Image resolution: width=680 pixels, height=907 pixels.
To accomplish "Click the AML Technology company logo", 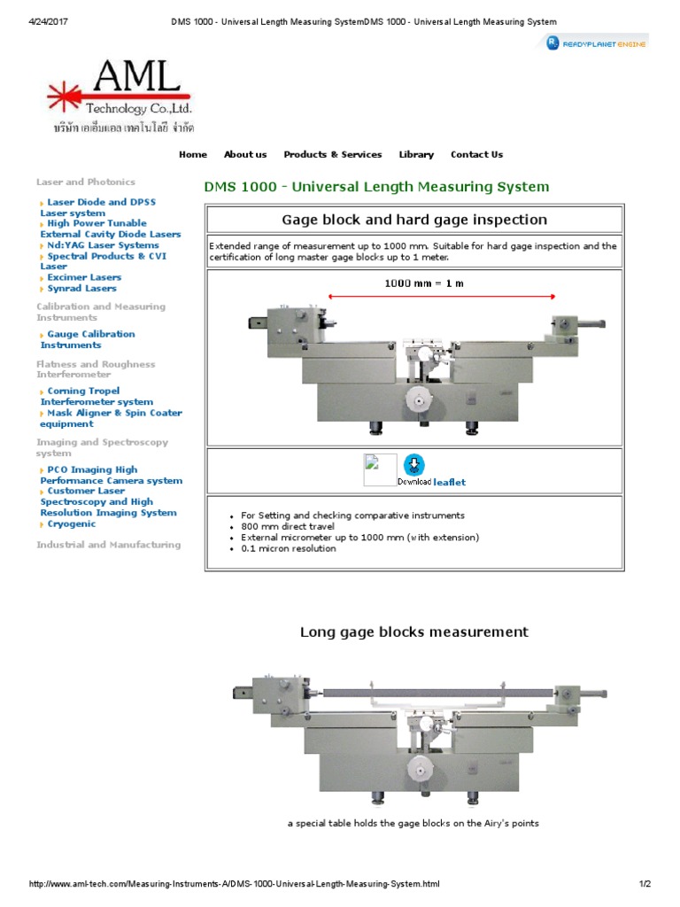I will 119,96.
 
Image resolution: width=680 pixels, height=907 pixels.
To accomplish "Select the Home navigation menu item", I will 193,154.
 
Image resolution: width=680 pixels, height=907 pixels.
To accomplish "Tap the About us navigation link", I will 245,154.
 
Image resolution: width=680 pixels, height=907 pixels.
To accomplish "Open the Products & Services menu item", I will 333,154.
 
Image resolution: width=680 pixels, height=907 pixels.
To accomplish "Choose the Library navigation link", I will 416,154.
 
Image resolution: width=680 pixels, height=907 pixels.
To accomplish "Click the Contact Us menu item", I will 476,154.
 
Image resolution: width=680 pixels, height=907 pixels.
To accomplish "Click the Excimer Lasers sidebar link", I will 84,277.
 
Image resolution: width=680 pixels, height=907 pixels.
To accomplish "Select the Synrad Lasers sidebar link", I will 81,288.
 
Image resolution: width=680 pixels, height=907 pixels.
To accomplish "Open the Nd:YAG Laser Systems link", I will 103,245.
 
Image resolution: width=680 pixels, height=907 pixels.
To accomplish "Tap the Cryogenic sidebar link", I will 72,523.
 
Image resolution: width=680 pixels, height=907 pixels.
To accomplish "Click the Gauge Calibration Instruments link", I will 88,339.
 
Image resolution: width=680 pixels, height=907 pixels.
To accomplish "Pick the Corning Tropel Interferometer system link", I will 96,396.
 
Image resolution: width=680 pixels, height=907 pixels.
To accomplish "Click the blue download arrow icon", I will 413,464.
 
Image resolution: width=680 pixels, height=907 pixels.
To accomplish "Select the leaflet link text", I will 449,482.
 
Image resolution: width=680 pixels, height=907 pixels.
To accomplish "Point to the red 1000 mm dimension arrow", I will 442,297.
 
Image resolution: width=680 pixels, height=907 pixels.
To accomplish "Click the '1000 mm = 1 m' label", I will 423,283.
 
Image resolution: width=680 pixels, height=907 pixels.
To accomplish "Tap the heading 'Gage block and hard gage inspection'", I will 414,220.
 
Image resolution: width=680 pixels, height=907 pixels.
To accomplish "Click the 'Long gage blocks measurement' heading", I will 413,632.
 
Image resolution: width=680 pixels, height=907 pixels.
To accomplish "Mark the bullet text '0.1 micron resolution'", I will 289,548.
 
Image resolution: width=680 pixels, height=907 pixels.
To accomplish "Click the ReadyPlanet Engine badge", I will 597,43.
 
